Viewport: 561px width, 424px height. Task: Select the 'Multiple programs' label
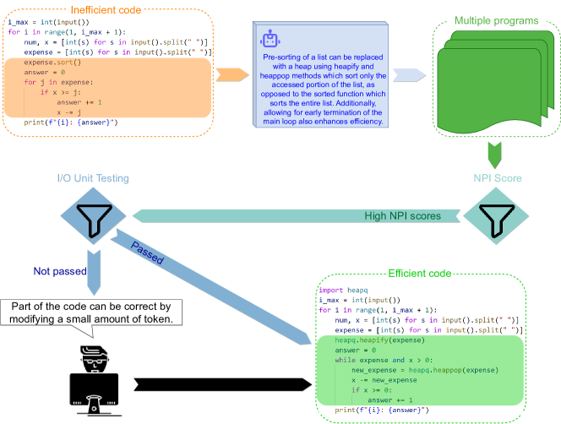(x=495, y=20)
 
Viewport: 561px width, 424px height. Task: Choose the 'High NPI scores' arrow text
(x=401, y=216)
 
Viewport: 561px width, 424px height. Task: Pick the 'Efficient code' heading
(x=419, y=274)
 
